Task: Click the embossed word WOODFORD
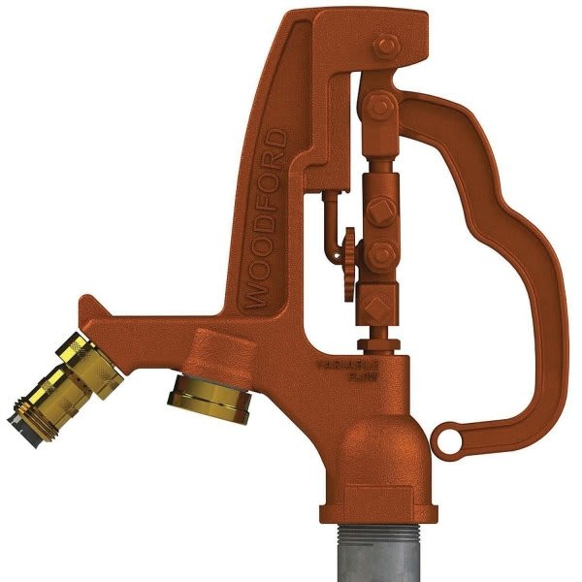click(267, 219)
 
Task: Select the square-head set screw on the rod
click(377, 210)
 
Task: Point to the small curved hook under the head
click(327, 209)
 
